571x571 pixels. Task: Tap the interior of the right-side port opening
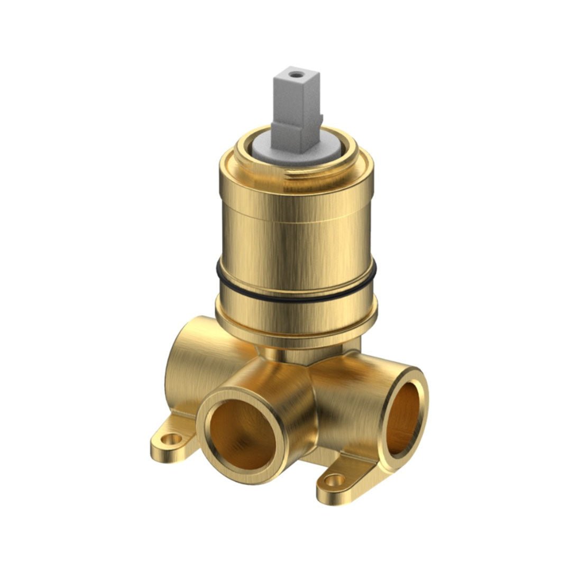pos(404,418)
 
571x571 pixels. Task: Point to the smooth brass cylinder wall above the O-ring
pos(296,248)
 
